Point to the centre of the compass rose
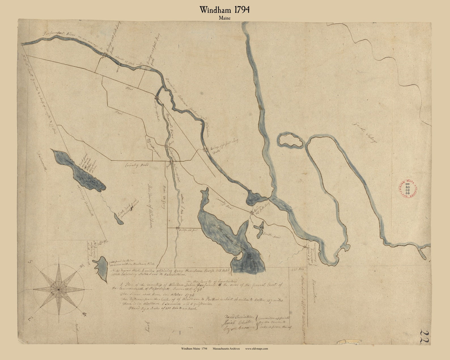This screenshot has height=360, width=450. [59, 289]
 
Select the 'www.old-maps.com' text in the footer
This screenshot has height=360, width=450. [256, 349]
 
